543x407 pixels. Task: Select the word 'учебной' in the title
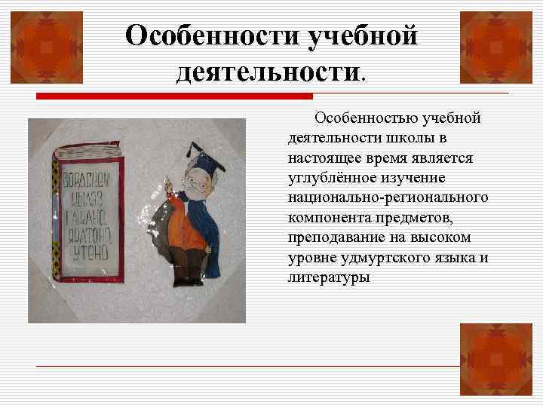(361, 35)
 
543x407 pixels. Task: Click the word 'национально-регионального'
(388, 198)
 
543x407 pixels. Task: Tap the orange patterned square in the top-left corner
(41, 41)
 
